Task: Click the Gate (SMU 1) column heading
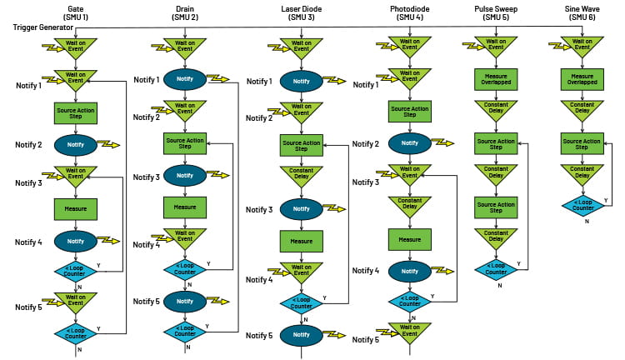[x=76, y=12]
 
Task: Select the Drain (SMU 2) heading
[x=184, y=12]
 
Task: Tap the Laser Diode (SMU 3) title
[x=302, y=12]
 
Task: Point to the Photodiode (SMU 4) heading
[x=409, y=12]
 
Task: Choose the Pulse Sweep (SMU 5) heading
[x=496, y=12]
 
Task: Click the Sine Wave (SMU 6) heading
[x=582, y=12]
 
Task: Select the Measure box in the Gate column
[x=76, y=207]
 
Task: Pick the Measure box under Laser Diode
[x=302, y=242]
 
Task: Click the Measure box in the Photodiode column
[x=409, y=239]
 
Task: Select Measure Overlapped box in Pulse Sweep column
[x=496, y=79]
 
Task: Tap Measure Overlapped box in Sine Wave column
[x=582, y=79]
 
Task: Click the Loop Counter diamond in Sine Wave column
[x=582, y=205]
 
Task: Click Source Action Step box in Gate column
[x=76, y=111]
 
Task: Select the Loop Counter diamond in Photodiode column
[x=409, y=301]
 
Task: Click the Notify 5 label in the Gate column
[x=28, y=307]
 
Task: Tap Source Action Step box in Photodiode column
[x=409, y=111]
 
